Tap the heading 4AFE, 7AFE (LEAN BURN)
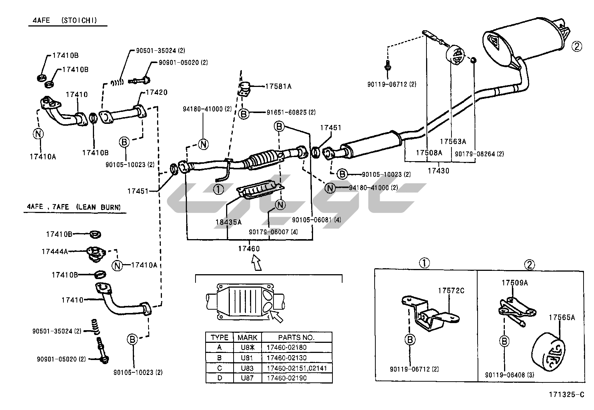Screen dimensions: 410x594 click(x=74, y=207)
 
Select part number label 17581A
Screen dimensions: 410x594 click(x=278, y=86)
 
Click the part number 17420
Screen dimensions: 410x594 click(x=156, y=92)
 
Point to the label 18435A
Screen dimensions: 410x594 click(x=228, y=222)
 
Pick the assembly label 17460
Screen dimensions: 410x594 click(x=249, y=248)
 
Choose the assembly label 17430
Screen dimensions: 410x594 click(x=438, y=171)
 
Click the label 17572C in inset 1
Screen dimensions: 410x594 click(x=451, y=290)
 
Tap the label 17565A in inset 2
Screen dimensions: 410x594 click(x=562, y=317)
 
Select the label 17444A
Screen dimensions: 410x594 click(x=55, y=252)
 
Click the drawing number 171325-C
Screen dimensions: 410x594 click(x=566, y=395)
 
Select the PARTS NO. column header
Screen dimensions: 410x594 click(x=296, y=338)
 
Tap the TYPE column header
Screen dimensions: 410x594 click(x=219, y=338)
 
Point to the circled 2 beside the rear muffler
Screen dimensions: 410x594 click(x=577, y=47)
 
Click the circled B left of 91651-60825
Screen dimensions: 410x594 click(x=244, y=113)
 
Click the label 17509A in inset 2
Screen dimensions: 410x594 click(x=515, y=283)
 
